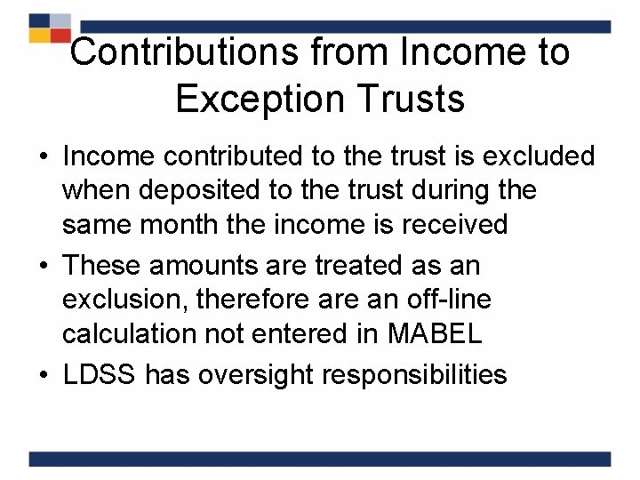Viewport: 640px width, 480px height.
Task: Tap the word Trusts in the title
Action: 412,99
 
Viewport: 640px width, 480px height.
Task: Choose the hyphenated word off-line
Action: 446,300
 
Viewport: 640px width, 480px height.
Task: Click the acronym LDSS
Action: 100,374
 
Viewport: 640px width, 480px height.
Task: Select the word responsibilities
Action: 415,374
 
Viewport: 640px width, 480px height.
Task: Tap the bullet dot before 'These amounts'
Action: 41,266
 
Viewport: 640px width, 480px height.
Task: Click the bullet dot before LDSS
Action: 41,375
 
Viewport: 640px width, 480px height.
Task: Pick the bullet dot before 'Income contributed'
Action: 41,157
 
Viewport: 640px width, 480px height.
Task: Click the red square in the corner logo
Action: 60,36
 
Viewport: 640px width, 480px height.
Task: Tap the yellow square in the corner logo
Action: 39,36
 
